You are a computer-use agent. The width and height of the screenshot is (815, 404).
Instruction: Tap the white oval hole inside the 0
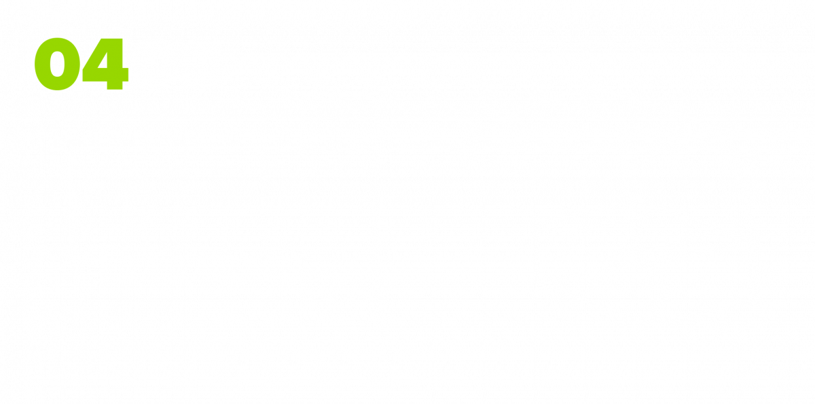click(58, 64)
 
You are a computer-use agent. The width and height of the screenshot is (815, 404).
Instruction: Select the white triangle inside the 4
click(103, 60)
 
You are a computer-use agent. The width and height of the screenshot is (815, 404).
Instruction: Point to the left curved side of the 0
click(42, 64)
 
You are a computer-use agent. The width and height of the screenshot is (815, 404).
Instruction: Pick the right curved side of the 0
click(73, 64)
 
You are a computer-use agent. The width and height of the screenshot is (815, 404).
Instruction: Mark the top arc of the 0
click(58, 43)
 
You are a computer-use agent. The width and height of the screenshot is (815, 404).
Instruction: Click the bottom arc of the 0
click(58, 84)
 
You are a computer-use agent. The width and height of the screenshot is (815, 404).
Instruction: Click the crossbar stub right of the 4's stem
click(126, 75)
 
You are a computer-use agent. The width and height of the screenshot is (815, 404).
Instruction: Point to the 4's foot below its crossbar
click(115, 86)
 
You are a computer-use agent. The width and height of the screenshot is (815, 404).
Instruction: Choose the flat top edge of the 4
click(111, 39)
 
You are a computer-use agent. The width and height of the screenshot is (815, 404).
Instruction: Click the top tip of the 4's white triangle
click(107, 52)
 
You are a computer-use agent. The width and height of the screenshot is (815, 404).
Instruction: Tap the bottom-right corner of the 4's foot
click(123, 90)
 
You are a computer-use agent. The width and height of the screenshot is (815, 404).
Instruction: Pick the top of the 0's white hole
click(58, 50)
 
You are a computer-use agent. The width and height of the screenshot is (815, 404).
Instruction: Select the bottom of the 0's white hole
click(58, 77)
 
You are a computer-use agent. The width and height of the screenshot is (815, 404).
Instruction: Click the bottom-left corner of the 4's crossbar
click(83, 81)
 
